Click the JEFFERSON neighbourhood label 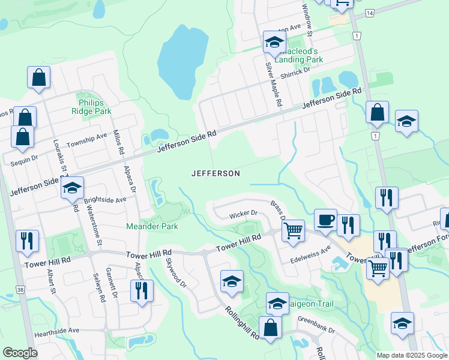tap(215, 173)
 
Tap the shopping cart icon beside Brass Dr tap(293, 230)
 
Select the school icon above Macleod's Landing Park tap(274, 42)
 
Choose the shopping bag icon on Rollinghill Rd tap(271, 328)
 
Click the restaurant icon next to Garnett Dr tap(142, 291)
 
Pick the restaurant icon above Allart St tap(27, 241)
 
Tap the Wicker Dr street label tap(243, 214)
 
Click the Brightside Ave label tap(105, 200)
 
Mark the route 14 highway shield tap(370, 13)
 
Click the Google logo tap(20, 352)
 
